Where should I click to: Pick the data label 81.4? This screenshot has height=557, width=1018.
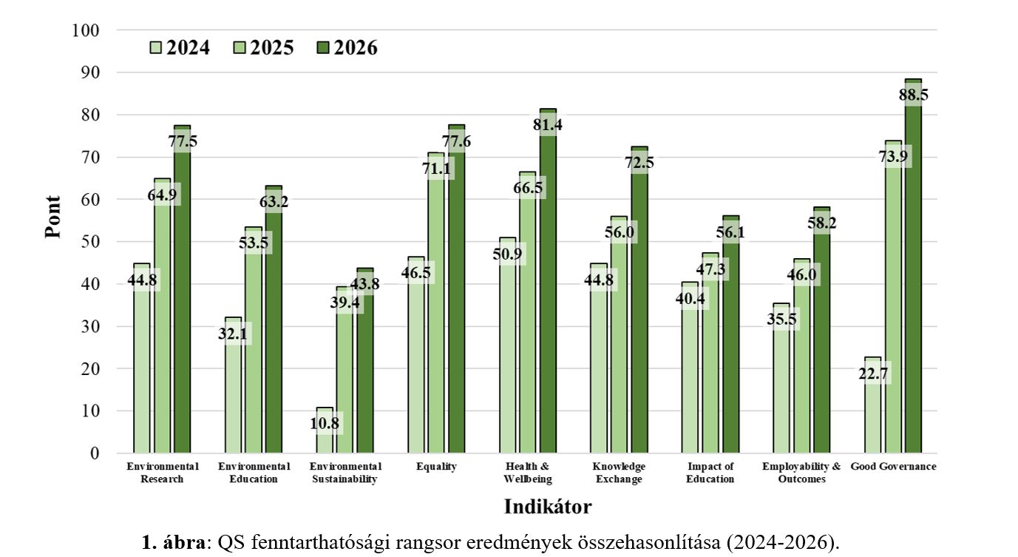point(547,125)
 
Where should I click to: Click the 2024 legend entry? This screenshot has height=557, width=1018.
point(179,48)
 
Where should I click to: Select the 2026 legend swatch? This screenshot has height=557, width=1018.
point(322,48)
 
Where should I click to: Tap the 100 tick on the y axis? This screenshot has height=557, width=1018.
point(86,30)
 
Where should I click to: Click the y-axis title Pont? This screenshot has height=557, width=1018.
point(52,216)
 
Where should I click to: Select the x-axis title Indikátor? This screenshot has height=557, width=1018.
point(548,507)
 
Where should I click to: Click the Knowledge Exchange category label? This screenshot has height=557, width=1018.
point(619,473)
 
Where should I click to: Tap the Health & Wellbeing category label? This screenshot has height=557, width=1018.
point(528,473)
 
